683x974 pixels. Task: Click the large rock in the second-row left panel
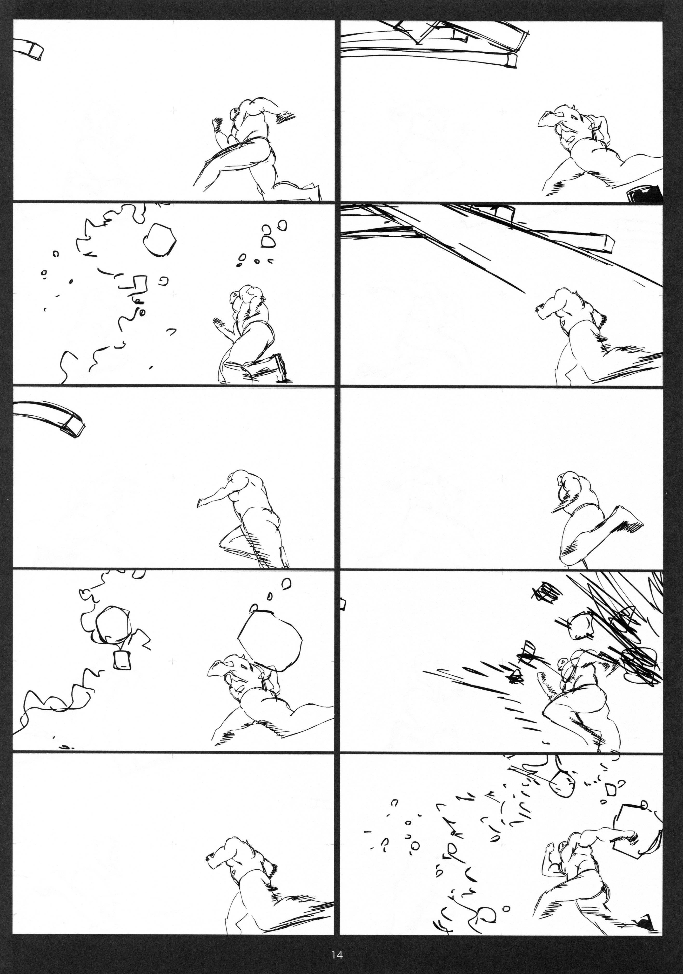click(159, 240)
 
